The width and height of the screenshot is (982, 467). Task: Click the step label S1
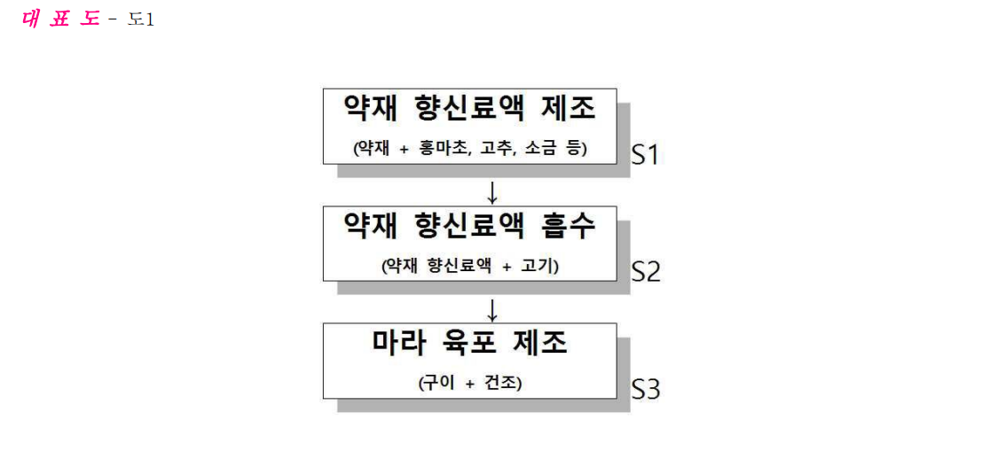(x=646, y=154)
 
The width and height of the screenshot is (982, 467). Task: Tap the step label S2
(x=646, y=272)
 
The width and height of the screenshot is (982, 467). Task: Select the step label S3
(x=646, y=389)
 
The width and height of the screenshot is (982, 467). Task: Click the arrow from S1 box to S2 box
(x=492, y=191)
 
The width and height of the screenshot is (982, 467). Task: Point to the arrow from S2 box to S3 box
(x=492, y=309)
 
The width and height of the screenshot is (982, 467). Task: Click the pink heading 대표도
(x=60, y=19)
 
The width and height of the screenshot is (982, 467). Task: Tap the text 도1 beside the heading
(x=140, y=19)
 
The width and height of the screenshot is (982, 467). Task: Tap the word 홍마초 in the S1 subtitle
(x=446, y=150)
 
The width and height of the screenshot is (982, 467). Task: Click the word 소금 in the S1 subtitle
(x=538, y=150)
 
